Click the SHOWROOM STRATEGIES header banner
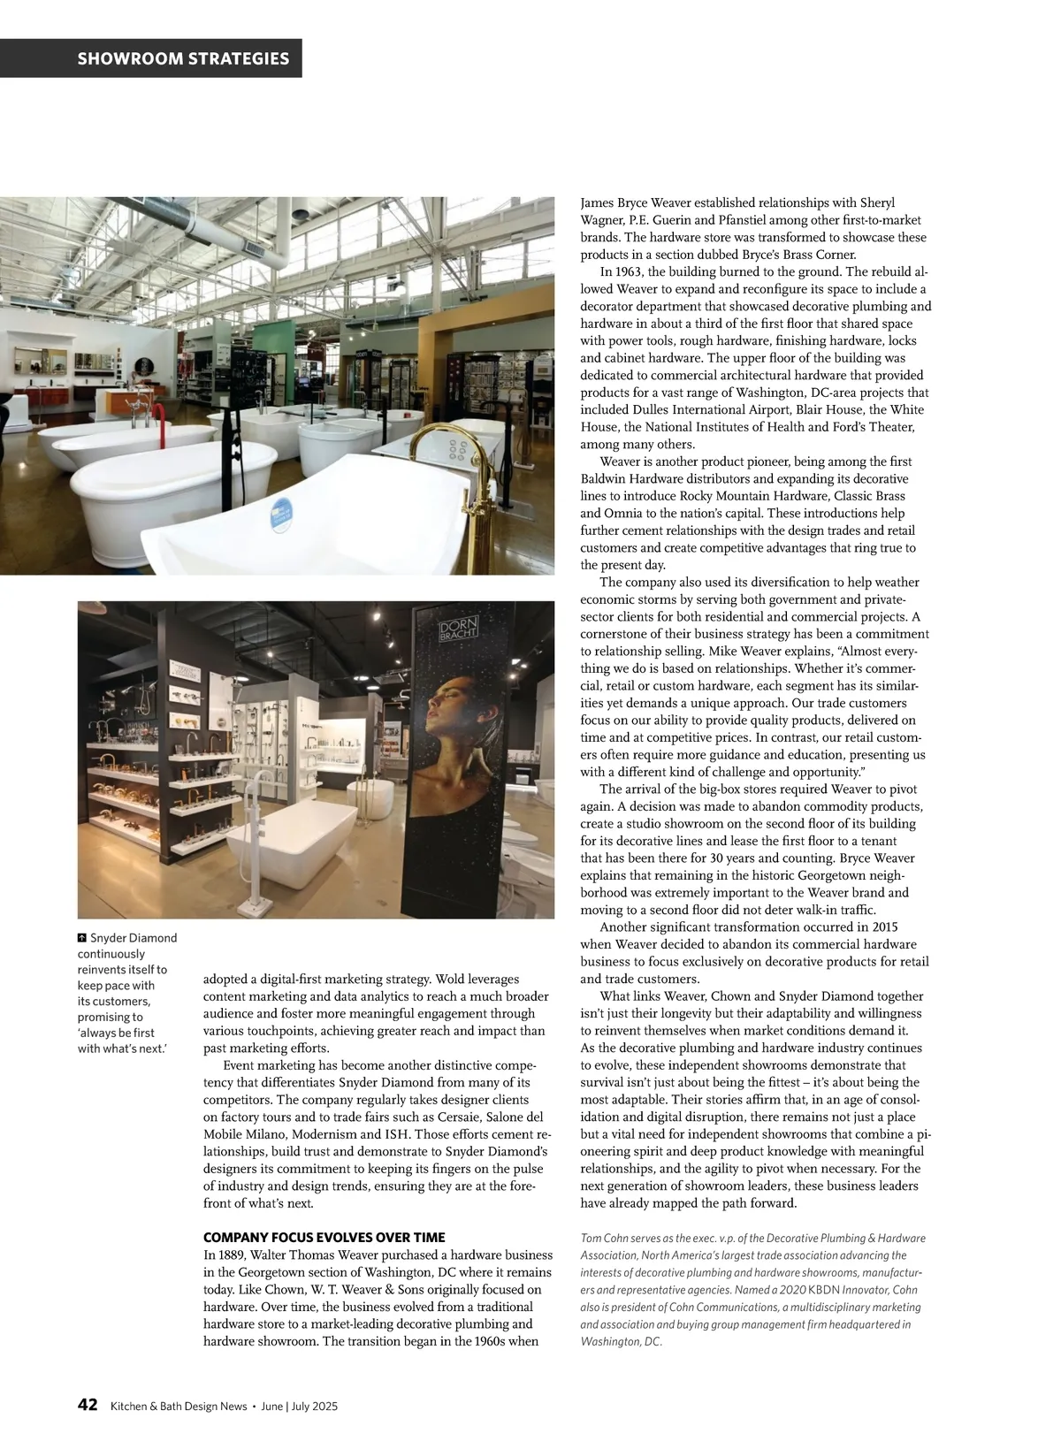[x=183, y=58]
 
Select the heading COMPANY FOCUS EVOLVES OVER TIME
[x=324, y=1238]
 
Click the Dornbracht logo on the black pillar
[x=458, y=629]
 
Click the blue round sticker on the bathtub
[x=281, y=515]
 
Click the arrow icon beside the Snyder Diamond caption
[x=82, y=938]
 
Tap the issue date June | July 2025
[x=300, y=1407]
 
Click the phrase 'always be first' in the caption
[x=115, y=1033]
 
